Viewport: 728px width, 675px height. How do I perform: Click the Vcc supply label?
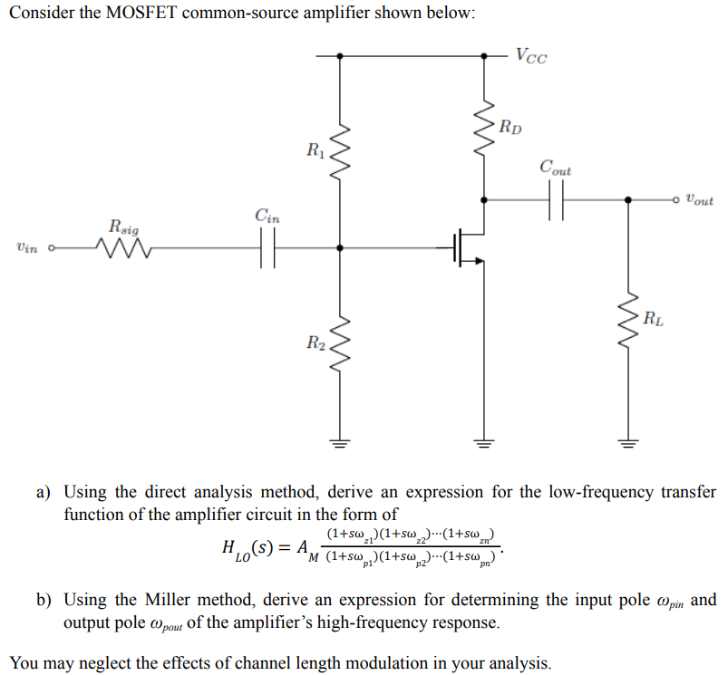coord(530,56)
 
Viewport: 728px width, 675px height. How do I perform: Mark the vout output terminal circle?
coord(675,198)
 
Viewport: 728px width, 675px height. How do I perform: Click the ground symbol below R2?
coord(340,444)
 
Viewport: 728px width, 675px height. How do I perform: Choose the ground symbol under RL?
coord(626,444)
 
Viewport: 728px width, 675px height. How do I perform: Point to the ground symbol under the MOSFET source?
coord(483,444)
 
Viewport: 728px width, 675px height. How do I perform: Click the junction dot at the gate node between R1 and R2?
coord(340,246)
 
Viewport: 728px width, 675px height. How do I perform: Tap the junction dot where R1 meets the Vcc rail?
coord(340,55)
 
